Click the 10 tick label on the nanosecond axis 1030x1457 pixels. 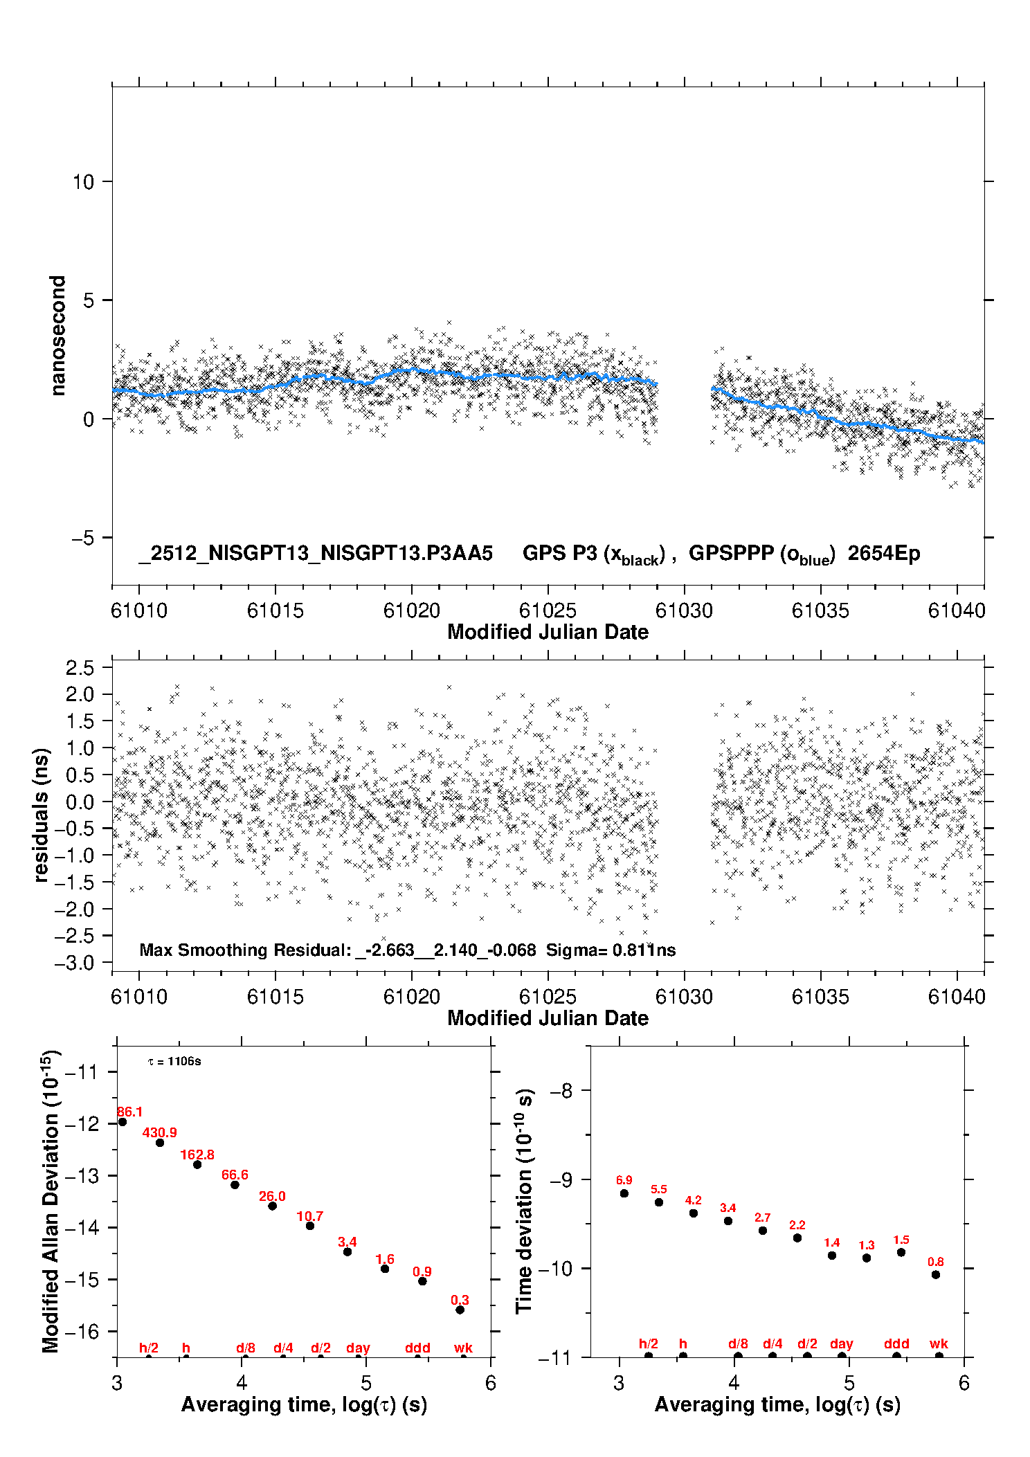coord(82,182)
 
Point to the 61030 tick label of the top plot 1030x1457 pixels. coord(684,610)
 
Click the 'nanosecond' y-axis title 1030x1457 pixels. coord(58,335)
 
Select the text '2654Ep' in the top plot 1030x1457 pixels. coord(884,554)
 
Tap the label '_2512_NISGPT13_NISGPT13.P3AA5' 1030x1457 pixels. coord(316,554)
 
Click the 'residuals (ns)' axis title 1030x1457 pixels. coord(42,815)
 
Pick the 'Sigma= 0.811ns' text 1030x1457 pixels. coord(611,950)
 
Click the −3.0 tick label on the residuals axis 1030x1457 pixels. coord(79,963)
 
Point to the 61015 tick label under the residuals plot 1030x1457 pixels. coord(275,997)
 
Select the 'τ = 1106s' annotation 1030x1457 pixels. coord(174,1062)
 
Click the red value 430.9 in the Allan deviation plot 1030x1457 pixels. coord(159,1132)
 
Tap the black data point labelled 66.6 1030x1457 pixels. coord(235,1184)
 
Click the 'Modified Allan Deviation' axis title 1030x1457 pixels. coord(51,1201)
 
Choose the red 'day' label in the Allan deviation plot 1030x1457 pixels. coord(358,1348)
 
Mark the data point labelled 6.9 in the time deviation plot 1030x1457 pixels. coord(624,1193)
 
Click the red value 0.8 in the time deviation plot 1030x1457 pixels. coord(935,1262)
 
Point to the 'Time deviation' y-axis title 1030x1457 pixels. coord(524,1201)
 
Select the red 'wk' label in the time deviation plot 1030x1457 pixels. coord(939,1343)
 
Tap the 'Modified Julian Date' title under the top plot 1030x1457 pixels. coord(548,632)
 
